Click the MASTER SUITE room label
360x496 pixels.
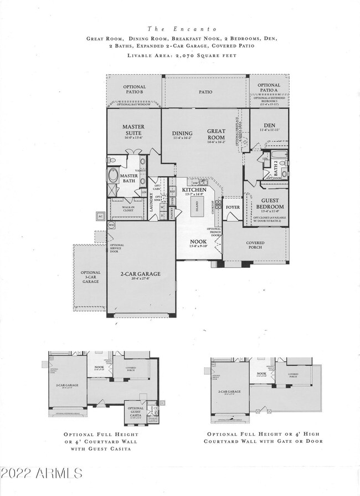pos(133,130)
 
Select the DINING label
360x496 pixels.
pos(182,133)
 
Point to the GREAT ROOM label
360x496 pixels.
pos(216,135)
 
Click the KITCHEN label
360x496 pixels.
pos(194,190)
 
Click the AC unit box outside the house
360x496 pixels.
pos(100,216)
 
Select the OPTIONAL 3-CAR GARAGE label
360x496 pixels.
pos(90,277)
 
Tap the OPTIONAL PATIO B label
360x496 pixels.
pos(133,90)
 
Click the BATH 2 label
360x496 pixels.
pos(275,167)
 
